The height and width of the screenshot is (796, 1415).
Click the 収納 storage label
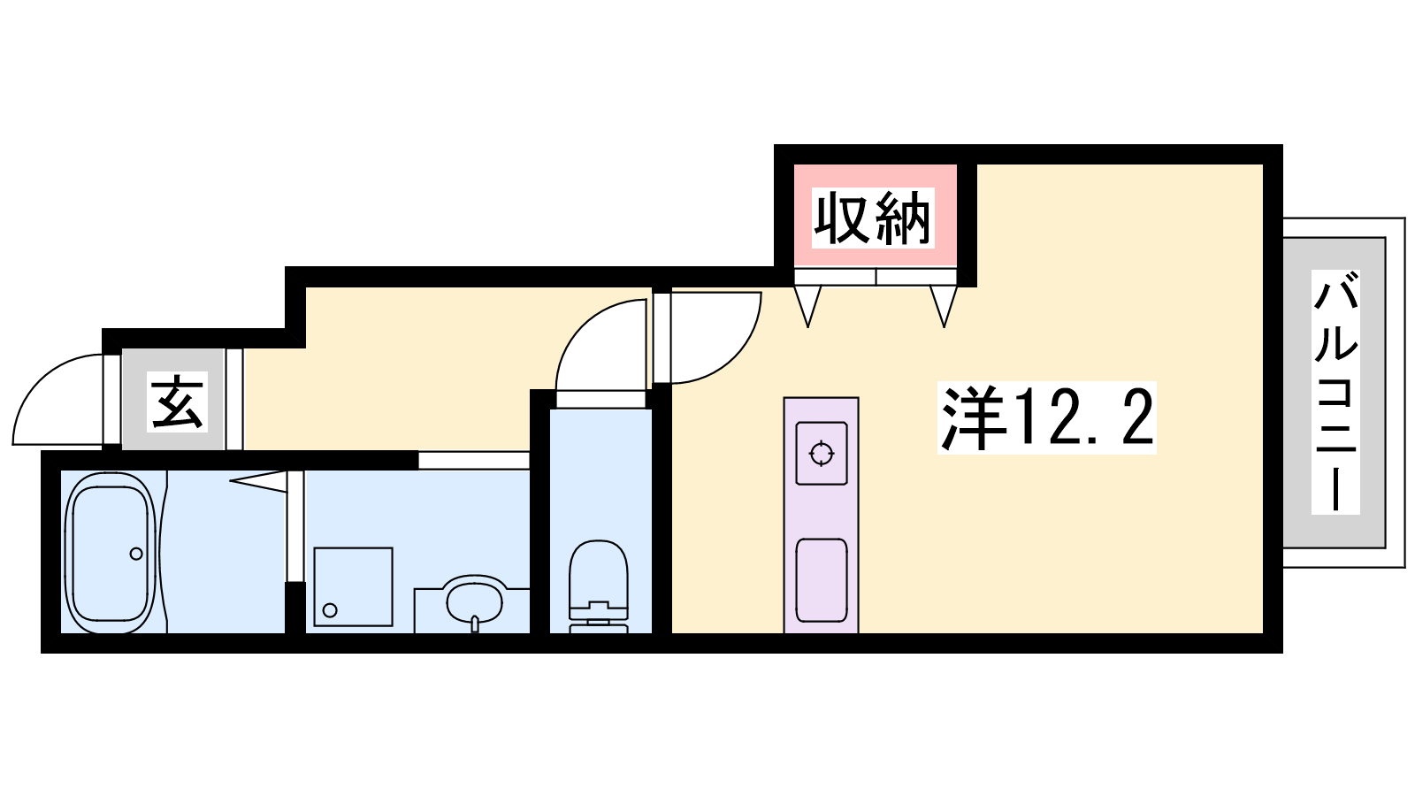pos(872,218)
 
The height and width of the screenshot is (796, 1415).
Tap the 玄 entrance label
pos(178,402)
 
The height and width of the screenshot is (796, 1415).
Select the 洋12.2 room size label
pos(1047,417)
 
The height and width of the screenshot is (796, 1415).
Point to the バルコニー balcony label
pos(1335,392)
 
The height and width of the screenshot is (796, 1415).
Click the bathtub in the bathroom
pos(111,552)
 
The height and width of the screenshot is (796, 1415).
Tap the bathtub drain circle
pos(136,554)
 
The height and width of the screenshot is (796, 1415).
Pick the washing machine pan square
pos(353,587)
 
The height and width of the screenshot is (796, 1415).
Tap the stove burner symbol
pos(822,454)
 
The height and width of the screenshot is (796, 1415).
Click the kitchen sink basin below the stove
pos(822,580)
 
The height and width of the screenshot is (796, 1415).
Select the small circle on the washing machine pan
pos(330,610)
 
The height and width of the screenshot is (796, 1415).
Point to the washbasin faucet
pos(474,624)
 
